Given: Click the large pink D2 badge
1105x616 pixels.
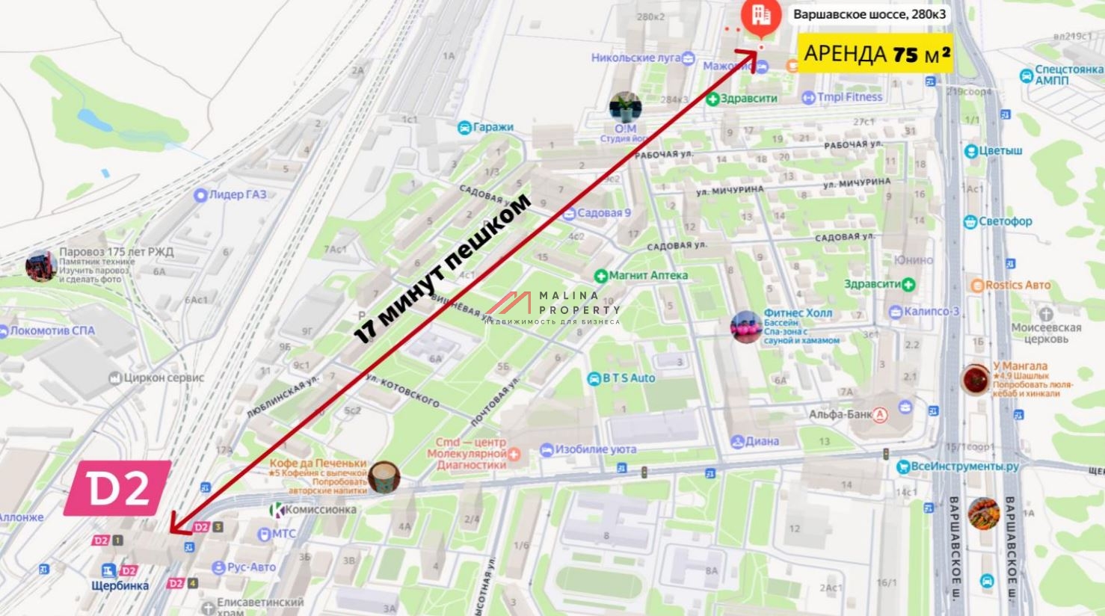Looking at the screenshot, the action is (117, 488).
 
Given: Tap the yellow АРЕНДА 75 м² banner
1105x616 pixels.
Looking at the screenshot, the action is (877, 54).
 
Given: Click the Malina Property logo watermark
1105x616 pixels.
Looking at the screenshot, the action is (553, 307).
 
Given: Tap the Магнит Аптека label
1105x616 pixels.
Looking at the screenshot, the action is (647, 275).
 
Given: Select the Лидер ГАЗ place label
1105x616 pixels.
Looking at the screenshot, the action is (237, 194).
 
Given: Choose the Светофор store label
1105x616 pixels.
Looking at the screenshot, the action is (1005, 221).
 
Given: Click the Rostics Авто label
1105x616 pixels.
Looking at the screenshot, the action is (1017, 285).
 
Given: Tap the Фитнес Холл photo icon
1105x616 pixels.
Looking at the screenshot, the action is (745, 327).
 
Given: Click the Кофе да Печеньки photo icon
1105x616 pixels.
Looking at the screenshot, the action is (384, 477).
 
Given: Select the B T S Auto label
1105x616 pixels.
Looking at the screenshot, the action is (628, 378).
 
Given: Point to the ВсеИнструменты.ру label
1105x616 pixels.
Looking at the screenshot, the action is (964, 466).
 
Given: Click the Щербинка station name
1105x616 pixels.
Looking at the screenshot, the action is (120, 586).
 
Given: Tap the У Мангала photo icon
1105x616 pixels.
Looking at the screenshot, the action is (976, 380).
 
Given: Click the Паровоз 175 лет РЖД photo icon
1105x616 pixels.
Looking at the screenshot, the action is (41, 266).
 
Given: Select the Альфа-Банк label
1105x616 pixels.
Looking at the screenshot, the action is (840, 414).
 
